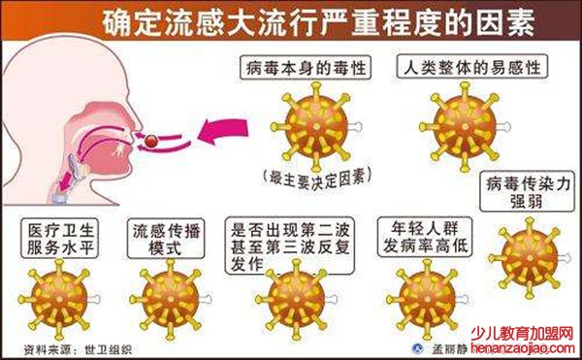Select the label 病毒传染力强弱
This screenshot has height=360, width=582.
530,192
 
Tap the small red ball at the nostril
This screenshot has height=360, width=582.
154,142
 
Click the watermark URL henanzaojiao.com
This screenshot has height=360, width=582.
531,348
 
